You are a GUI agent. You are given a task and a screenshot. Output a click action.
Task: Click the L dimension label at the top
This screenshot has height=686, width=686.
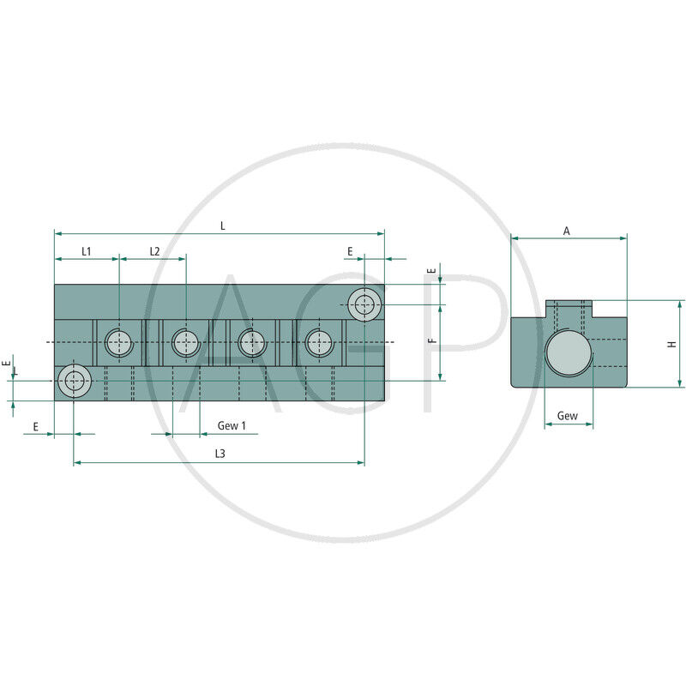[223, 226]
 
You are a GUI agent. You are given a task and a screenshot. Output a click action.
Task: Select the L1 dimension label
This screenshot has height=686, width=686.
[87, 251]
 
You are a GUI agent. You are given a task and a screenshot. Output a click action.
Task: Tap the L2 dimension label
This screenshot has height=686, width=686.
[154, 251]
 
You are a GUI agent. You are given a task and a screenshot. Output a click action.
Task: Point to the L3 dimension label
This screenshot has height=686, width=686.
[220, 454]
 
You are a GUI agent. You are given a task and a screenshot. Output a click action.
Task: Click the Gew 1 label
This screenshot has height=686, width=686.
[232, 425]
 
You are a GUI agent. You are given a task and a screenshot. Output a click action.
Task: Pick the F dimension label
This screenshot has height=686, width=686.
[433, 340]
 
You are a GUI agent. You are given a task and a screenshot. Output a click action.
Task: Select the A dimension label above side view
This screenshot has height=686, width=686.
[566, 231]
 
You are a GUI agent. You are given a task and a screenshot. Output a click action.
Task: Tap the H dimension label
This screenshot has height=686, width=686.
[671, 343]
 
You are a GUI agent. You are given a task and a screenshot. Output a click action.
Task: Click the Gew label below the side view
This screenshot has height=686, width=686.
[567, 416]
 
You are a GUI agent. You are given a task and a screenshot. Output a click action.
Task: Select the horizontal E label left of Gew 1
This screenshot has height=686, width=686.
[35, 425]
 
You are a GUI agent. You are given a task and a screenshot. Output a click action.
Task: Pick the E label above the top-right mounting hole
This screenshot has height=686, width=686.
[350, 251]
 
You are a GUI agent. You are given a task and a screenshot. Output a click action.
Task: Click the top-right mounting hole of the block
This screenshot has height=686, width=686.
[366, 304]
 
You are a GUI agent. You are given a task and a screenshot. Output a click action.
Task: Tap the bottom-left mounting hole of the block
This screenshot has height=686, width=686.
[75, 381]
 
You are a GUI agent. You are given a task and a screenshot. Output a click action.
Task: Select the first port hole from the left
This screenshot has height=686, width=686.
[119, 343]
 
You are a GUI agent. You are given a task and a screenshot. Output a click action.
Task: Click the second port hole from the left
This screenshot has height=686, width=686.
[185, 343]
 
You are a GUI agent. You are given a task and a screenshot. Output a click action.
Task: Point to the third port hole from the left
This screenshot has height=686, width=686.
[252, 343]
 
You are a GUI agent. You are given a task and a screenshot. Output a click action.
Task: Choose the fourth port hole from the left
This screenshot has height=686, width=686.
[319, 343]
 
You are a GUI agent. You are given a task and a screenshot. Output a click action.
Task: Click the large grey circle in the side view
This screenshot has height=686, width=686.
[566, 353]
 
